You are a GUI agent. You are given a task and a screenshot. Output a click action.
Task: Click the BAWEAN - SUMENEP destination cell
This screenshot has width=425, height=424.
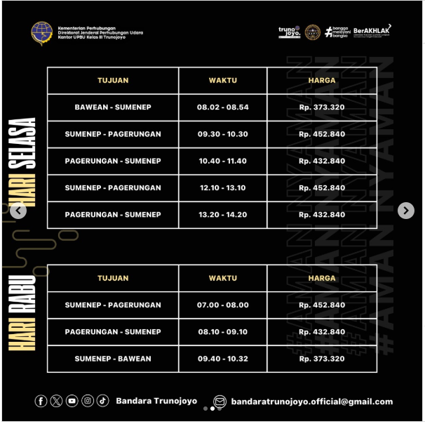point(113,107)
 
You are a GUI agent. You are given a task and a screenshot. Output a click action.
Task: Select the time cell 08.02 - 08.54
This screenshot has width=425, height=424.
point(223,107)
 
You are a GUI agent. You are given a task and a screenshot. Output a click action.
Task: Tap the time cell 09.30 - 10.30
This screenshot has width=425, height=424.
point(223,134)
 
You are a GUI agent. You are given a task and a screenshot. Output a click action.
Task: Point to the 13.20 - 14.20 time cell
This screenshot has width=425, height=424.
point(223,215)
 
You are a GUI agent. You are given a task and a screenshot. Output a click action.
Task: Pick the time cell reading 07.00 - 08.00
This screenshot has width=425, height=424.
point(223,305)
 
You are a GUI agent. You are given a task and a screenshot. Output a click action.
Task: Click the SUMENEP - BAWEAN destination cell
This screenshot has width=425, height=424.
point(113,359)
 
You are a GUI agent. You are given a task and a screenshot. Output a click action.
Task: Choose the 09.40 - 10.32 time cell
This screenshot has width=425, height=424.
point(223,359)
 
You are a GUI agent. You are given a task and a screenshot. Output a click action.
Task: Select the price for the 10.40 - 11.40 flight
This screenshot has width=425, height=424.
point(322,161)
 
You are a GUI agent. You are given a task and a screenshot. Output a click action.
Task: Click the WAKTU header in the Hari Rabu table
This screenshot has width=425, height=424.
point(223,278)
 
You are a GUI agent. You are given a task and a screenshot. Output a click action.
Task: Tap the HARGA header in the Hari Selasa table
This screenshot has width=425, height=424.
point(322,81)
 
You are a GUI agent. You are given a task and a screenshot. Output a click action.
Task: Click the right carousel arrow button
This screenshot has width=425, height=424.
point(405,211)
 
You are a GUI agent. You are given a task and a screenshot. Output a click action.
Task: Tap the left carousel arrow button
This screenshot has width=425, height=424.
point(19,211)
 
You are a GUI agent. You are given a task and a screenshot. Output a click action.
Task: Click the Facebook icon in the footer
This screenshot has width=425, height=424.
point(41,401)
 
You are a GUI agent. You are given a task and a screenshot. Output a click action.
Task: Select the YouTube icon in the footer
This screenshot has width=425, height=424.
point(72,401)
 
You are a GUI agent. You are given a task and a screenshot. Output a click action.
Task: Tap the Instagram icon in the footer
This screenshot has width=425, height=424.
point(88,401)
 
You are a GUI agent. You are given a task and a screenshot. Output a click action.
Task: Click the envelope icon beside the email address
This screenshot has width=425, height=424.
point(220,402)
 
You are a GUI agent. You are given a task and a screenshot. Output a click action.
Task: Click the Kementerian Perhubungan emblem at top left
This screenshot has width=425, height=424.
point(41,33)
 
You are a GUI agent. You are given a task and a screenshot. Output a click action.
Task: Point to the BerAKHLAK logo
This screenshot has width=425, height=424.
point(372,31)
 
